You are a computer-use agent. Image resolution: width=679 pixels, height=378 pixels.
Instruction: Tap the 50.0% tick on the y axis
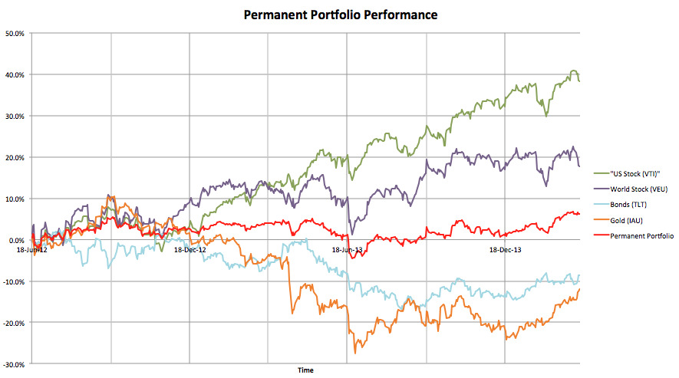tap(15, 34)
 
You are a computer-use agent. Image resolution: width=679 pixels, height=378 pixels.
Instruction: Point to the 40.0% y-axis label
tap(15, 75)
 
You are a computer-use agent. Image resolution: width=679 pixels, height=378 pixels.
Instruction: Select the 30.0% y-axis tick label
tap(15, 117)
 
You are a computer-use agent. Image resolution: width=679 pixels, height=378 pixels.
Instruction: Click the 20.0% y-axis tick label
tap(15, 158)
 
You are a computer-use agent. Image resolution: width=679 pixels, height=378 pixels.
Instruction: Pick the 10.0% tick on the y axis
tap(15, 199)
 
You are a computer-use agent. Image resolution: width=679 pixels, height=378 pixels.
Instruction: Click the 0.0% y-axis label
tap(16, 241)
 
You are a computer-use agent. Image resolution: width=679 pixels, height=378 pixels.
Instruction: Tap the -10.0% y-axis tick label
tap(14, 282)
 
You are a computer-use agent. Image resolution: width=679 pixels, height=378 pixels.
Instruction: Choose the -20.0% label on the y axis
tap(14, 324)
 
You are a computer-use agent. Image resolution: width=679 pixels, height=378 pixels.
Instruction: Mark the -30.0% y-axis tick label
tap(14, 365)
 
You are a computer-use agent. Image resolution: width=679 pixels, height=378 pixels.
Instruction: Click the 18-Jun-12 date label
tap(31, 250)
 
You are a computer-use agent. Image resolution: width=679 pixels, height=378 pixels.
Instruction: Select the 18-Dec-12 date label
tap(190, 250)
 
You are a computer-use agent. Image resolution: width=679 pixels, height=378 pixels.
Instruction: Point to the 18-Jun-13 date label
tap(347, 250)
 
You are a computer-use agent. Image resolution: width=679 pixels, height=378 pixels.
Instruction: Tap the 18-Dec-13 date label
tap(505, 250)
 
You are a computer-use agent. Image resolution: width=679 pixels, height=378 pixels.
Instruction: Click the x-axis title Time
tap(305, 370)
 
